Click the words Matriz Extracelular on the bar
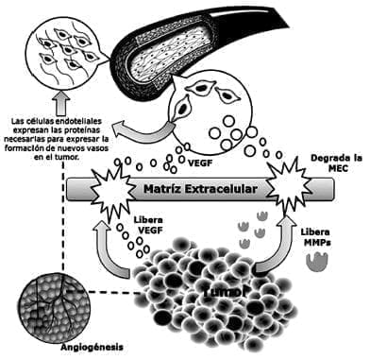pyautogui.click(x=200, y=189)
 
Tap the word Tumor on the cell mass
pyautogui.click(x=224, y=294)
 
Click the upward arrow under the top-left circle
pyautogui.click(x=62, y=99)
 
